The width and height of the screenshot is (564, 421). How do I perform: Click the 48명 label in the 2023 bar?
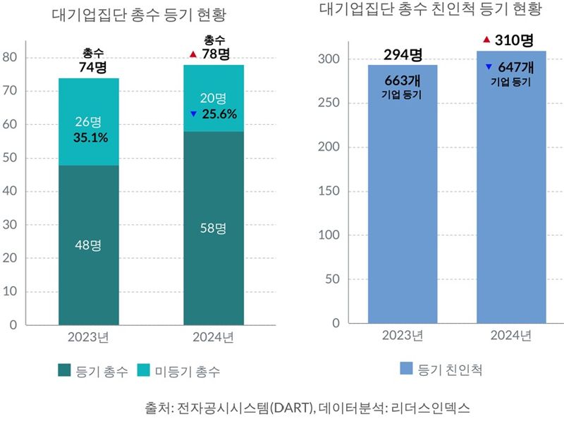[x=88, y=245]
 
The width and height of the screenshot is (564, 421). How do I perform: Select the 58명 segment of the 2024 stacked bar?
[x=213, y=228]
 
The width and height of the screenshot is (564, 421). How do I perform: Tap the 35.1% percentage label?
[x=91, y=138]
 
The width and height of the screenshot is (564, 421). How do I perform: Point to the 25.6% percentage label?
[x=219, y=114]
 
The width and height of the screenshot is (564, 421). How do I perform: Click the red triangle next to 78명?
[x=193, y=54]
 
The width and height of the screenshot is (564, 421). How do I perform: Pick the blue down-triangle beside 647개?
[x=488, y=67]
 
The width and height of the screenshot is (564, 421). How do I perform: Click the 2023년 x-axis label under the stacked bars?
[x=88, y=338]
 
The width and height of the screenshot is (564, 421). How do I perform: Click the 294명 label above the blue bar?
[x=403, y=55]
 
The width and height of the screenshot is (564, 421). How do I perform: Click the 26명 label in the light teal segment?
[x=90, y=121]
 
